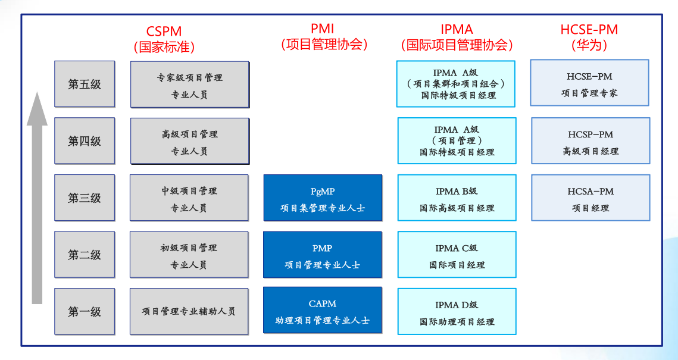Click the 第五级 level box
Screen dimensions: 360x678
(85, 84)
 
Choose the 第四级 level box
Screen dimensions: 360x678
(85, 141)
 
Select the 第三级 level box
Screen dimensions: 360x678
(85, 198)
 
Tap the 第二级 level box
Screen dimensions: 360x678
(85, 255)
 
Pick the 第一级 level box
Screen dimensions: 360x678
(85, 311)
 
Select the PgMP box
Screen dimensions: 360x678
(323, 198)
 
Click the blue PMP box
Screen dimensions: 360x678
(323, 255)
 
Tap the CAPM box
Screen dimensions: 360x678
(323, 311)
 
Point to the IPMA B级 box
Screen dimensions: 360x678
(457, 198)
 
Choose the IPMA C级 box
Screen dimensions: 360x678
(457, 255)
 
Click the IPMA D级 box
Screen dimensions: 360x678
(457, 311)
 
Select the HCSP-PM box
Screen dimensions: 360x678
(590, 141)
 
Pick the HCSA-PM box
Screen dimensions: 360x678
(590, 198)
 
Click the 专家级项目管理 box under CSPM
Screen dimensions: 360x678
(189, 84)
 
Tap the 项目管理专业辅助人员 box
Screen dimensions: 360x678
(189, 311)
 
